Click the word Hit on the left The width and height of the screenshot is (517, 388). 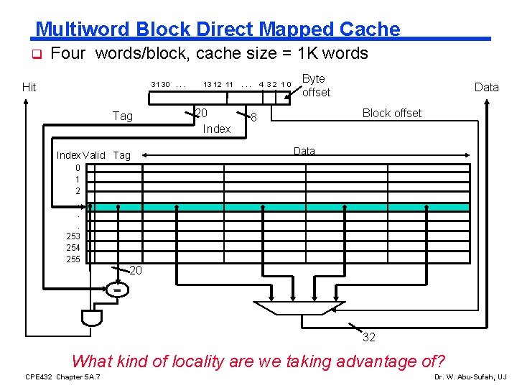click(x=29, y=88)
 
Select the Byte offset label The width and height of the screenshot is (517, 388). click(x=315, y=86)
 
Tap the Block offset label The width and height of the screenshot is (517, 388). click(x=392, y=113)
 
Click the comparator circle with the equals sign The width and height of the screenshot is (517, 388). click(x=116, y=290)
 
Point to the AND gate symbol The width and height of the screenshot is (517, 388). click(x=91, y=317)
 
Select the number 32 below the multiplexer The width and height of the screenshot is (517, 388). click(x=368, y=337)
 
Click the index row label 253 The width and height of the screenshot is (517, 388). click(x=73, y=235)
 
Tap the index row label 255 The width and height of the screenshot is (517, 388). click(x=73, y=259)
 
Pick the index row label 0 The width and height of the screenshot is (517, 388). click(x=77, y=167)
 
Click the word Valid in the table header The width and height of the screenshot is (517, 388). click(x=94, y=155)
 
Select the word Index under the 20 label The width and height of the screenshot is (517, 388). click(x=217, y=129)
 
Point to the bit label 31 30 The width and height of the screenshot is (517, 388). click(x=160, y=85)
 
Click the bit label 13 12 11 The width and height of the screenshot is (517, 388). click(x=218, y=85)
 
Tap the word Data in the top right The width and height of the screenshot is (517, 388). click(x=486, y=87)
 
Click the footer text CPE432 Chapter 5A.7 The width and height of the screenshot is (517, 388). click(x=62, y=377)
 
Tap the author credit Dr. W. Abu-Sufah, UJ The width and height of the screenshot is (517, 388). click(x=470, y=377)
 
